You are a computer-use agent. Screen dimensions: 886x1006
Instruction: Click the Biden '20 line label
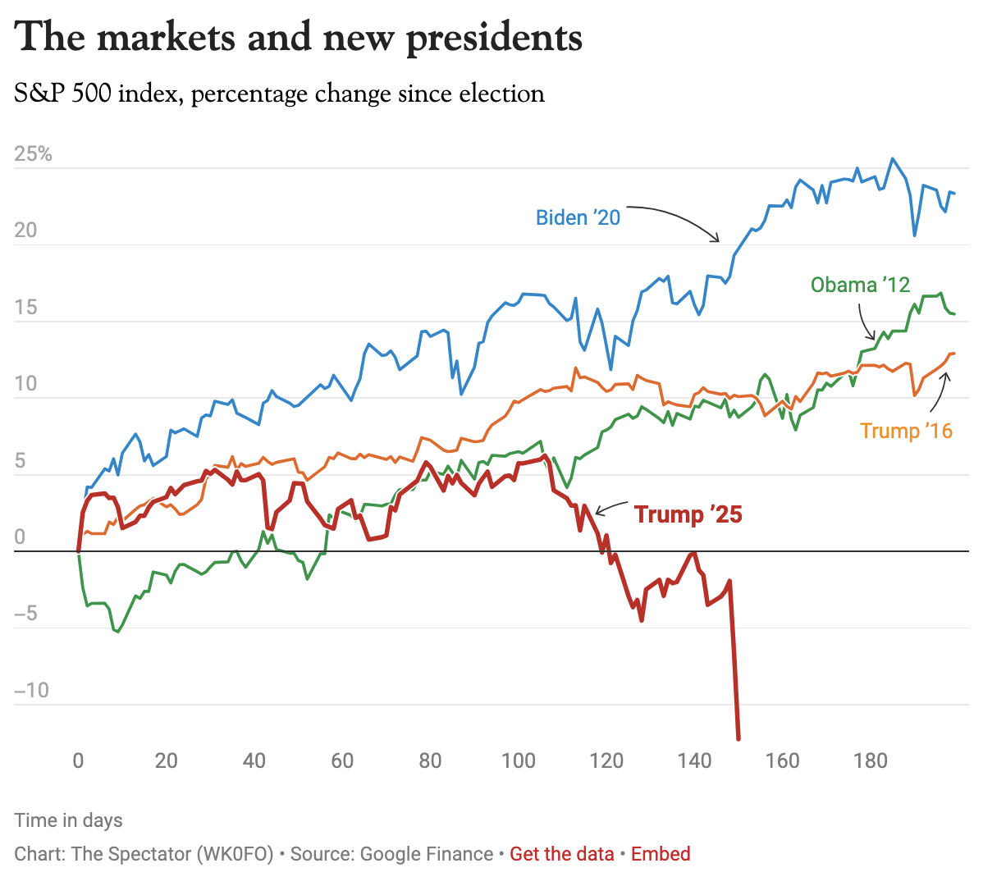[x=578, y=217]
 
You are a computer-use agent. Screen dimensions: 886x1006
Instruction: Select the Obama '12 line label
[x=860, y=285]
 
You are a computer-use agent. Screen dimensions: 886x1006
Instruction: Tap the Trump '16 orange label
[x=906, y=431]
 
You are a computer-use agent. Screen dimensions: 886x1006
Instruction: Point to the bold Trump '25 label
[x=688, y=514]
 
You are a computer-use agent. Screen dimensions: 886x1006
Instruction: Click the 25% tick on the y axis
[x=33, y=154]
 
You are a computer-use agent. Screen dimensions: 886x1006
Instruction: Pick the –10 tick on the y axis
[x=31, y=690]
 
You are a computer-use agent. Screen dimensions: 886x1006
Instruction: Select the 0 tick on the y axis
[x=20, y=537]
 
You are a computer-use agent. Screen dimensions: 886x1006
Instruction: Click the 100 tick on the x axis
[x=518, y=760]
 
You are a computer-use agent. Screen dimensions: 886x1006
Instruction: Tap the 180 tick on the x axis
[x=870, y=760]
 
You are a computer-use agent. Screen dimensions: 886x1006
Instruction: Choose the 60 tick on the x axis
[x=342, y=760]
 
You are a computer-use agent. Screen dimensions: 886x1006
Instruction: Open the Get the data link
[x=561, y=854]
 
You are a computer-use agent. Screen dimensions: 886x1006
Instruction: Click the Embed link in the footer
[x=661, y=854]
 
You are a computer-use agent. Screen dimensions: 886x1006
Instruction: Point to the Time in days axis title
[x=68, y=820]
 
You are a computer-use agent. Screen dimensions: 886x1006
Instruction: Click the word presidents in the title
[x=494, y=38]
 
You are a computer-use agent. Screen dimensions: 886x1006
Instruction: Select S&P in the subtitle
[x=38, y=94]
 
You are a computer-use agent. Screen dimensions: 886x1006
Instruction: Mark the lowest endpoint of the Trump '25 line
[x=738, y=739]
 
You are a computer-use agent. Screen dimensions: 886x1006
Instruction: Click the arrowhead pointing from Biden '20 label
[x=718, y=240]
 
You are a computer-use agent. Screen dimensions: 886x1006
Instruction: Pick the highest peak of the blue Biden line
[x=893, y=159]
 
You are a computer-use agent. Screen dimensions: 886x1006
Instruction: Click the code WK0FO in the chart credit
[x=234, y=854]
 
